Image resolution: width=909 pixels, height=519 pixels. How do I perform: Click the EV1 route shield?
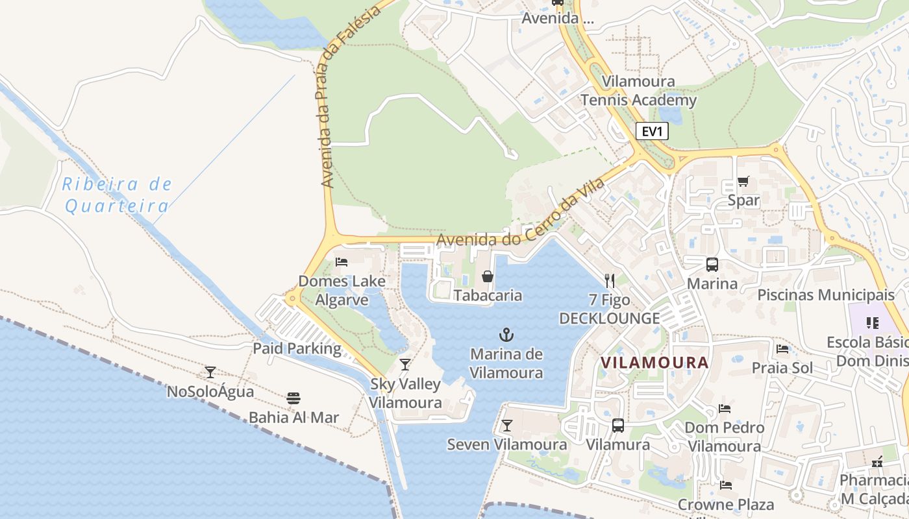click(x=652, y=132)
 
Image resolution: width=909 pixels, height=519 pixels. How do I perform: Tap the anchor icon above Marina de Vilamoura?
click(x=506, y=335)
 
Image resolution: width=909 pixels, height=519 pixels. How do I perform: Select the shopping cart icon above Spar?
click(x=743, y=182)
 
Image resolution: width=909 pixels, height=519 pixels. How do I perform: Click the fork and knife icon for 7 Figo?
click(x=609, y=280)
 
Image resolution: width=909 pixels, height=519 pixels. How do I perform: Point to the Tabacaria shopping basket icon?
click(x=488, y=277)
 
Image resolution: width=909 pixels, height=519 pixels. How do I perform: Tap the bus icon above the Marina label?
click(x=712, y=265)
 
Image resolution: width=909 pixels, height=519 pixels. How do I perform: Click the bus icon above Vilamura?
click(x=618, y=426)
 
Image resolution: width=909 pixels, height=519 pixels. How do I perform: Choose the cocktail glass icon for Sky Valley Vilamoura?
click(x=405, y=365)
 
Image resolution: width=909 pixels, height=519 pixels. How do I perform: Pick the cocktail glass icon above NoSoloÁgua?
click(x=210, y=372)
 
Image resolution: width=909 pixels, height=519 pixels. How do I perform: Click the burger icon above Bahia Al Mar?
click(x=293, y=398)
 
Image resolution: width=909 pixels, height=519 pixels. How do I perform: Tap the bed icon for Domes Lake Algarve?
click(x=342, y=262)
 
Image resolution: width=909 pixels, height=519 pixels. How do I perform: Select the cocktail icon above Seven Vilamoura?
click(x=507, y=426)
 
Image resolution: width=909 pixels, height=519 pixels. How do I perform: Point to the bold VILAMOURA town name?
click(x=654, y=363)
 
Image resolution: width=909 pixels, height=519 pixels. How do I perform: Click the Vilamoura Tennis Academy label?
click(x=638, y=91)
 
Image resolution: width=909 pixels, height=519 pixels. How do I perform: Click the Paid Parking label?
click(x=297, y=348)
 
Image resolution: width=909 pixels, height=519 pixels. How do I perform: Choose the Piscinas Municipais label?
click(x=826, y=295)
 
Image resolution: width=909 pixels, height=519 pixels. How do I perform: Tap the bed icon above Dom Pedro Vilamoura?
click(x=725, y=409)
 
